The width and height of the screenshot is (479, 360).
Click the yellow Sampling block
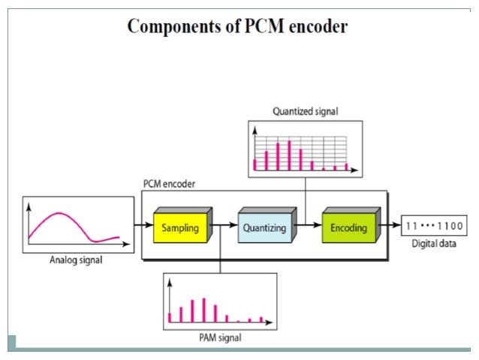(x=181, y=228)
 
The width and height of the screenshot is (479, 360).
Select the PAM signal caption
(x=219, y=337)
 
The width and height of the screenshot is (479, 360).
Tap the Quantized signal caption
(x=305, y=111)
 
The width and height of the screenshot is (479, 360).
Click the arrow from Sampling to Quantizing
(x=225, y=225)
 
